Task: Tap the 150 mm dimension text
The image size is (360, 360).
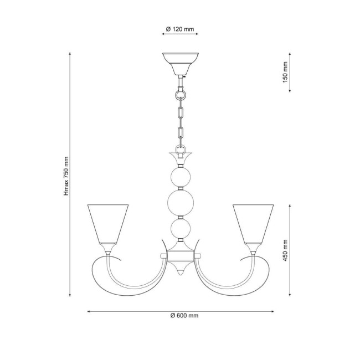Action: click(286, 72)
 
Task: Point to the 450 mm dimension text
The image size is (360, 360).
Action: click(286, 250)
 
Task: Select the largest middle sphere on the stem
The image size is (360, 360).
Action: click(180, 202)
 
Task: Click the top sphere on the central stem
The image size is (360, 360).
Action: click(180, 177)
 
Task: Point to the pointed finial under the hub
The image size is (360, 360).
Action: click(180, 272)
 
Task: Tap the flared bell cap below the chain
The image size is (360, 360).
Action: click(180, 158)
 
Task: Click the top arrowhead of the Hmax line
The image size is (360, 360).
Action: click(70, 54)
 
